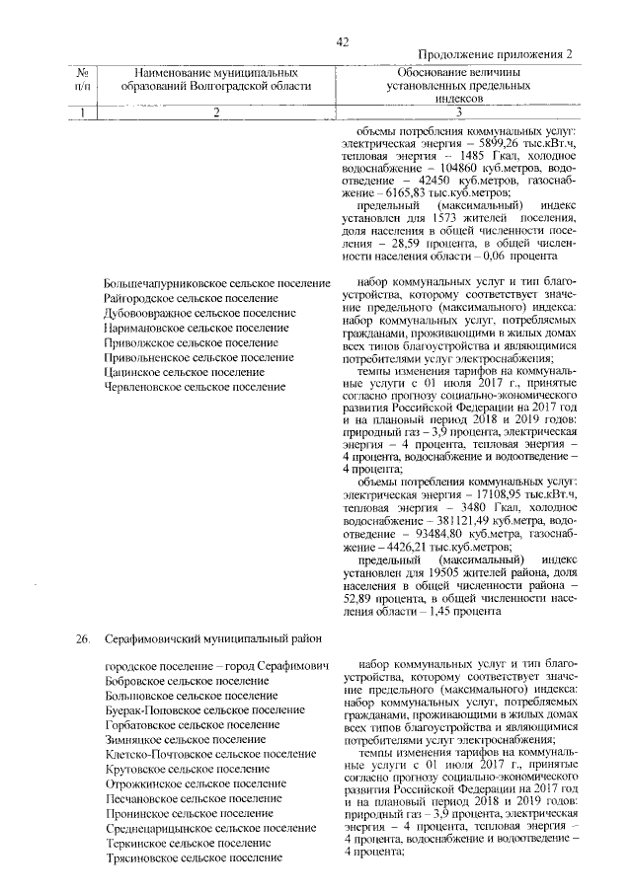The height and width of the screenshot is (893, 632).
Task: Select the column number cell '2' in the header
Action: [x=215, y=113]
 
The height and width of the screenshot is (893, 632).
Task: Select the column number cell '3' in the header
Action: [x=458, y=113]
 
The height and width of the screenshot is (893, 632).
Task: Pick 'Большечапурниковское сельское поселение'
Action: [x=216, y=284]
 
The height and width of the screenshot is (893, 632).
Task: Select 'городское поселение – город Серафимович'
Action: [x=216, y=667]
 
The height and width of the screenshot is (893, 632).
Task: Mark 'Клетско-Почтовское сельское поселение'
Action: [x=209, y=754]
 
